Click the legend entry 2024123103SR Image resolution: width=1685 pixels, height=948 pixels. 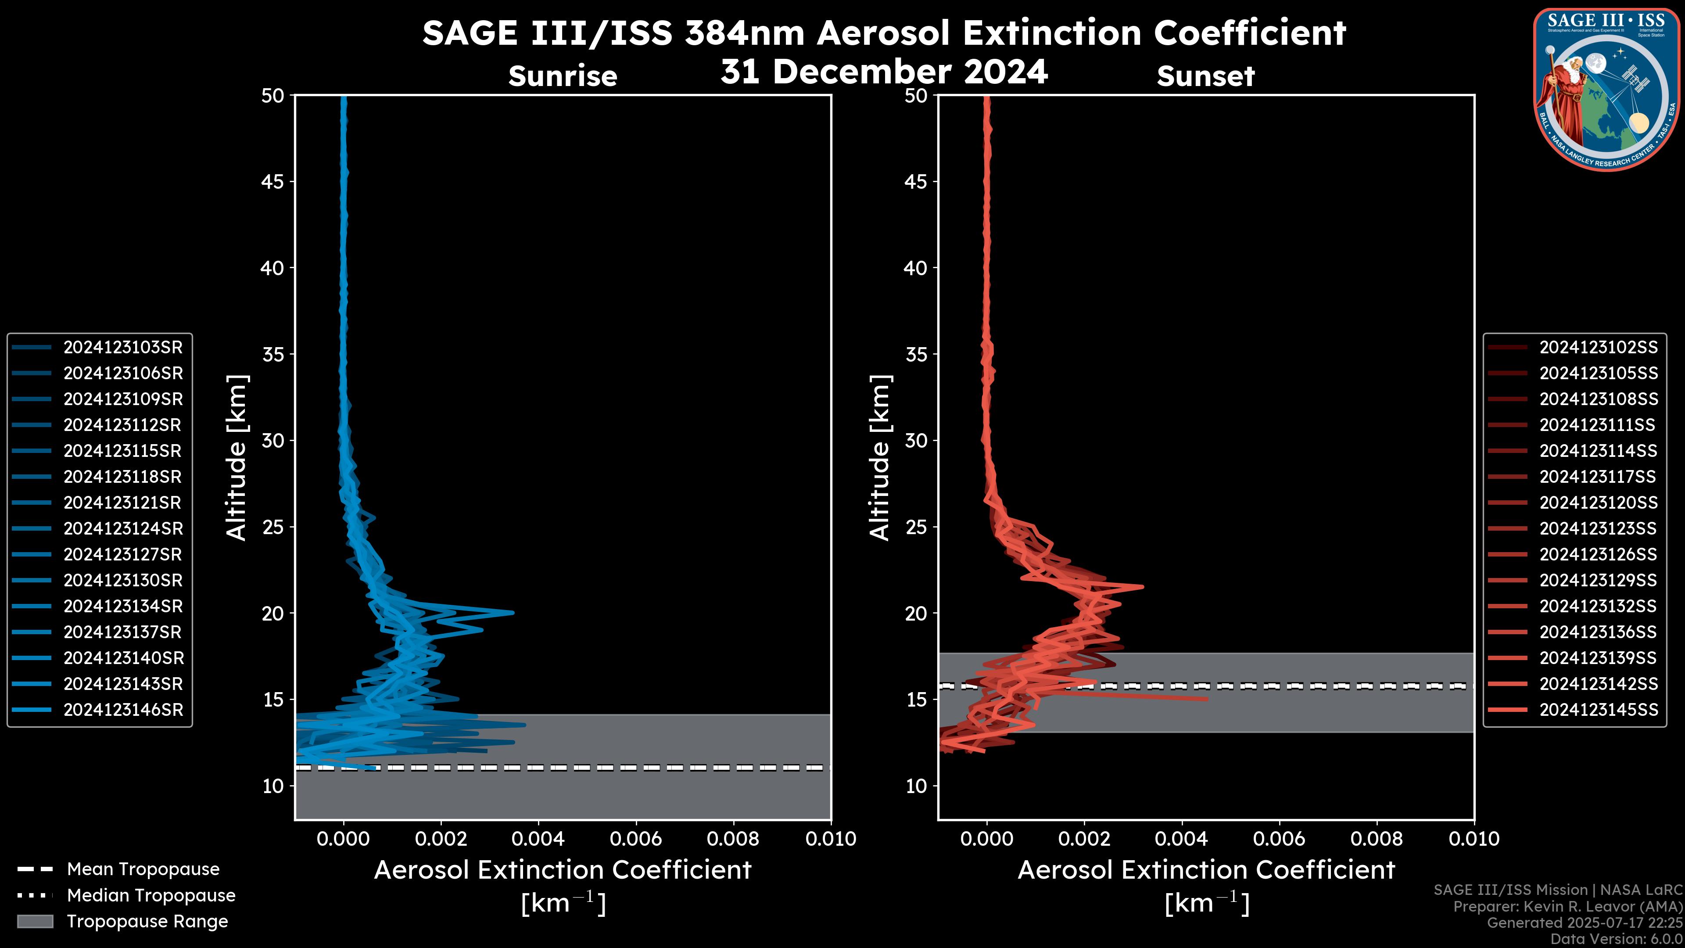click(122, 348)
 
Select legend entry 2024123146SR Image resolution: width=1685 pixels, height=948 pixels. click(122, 710)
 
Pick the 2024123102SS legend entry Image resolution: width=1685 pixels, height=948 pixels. click(1598, 348)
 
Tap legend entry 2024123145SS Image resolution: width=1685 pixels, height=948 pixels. click(1598, 710)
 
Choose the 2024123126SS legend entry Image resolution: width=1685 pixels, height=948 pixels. click(1598, 555)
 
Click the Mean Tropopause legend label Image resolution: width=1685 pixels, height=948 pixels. click(143, 869)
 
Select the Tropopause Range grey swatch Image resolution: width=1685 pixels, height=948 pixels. click(35, 921)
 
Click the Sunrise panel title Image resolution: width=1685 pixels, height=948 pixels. click(563, 76)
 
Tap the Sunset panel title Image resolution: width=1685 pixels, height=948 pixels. click(1205, 76)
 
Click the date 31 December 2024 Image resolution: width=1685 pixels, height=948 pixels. click(884, 71)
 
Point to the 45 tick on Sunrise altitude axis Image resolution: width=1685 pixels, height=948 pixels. click(272, 182)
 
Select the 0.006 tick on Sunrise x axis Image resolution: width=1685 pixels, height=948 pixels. click(636, 839)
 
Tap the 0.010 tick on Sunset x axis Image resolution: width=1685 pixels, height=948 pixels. click(1474, 839)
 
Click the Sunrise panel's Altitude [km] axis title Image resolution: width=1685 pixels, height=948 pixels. click(237, 458)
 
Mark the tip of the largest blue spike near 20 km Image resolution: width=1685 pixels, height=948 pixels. click(513, 612)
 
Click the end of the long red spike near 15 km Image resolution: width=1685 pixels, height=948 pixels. click(1207, 699)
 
